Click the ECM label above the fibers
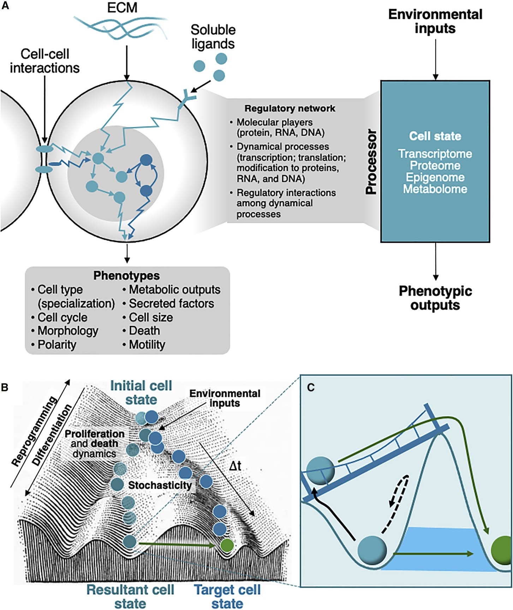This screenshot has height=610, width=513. tap(122, 8)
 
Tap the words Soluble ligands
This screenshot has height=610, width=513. tap(213, 37)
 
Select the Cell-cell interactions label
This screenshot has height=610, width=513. tap(44, 61)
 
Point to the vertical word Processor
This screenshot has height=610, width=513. tap(371, 162)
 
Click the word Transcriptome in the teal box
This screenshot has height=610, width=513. tap(435, 154)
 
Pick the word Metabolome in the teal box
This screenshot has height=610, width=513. tap(435, 189)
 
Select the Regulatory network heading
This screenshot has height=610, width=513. tap(290, 109)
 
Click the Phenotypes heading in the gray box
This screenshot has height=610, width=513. tap(126, 275)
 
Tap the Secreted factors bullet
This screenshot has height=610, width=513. tap(171, 303)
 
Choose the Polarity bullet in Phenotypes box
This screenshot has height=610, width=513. tap(57, 344)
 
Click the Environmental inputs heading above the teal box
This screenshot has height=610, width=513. tap(435, 21)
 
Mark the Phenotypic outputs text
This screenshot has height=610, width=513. tap(435, 298)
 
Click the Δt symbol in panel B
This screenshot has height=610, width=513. tap(235, 466)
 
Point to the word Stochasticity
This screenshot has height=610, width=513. tap(160, 485)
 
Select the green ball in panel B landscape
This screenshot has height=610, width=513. tap(226, 545)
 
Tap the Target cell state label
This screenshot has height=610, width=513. tap(227, 596)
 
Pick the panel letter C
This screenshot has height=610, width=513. tap(311, 388)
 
